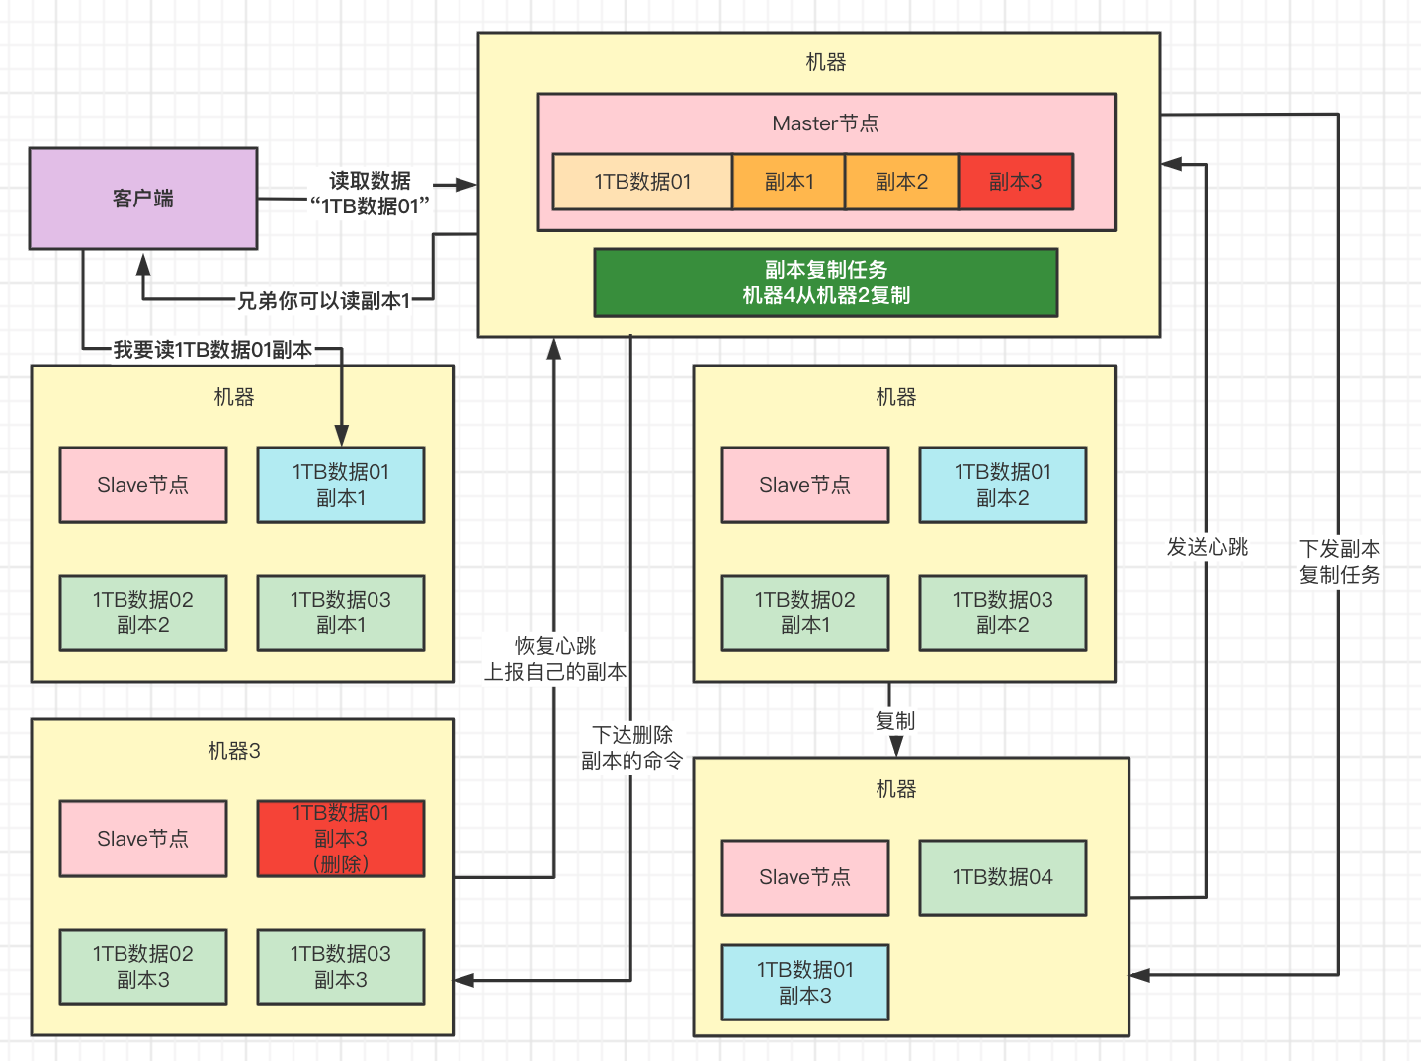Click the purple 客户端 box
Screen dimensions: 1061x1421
tap(143, 199)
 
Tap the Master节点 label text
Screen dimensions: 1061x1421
tap(825, 123)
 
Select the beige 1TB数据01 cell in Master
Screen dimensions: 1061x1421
tap(642, 182)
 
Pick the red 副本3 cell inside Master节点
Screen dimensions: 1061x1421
tap(1015, 182)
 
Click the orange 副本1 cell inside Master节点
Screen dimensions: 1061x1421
tap(789, 182)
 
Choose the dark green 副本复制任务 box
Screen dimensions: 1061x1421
tap(825, 283)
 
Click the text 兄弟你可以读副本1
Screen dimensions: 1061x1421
tap(323, 300)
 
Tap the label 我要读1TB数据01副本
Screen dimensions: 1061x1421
tap(212, 349)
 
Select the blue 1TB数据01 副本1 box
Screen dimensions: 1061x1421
tap(341, 485)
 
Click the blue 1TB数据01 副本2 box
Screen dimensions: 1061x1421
tap(1003, 485)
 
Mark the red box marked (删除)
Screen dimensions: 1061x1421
tap(341, 839)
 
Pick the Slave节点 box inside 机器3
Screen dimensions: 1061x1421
tap(143, 839)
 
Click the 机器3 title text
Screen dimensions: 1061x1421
tap(234, 751)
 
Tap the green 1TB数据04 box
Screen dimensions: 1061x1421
tap(1003, 877)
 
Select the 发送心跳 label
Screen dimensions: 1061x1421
tap(1208, 547)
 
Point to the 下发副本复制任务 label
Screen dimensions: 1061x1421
tap(1339, 562)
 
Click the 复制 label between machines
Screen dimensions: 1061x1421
tap(895, 721)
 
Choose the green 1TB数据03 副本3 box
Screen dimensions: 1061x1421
tap(341, 967)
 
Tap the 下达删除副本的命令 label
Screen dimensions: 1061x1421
tap(632, 748)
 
